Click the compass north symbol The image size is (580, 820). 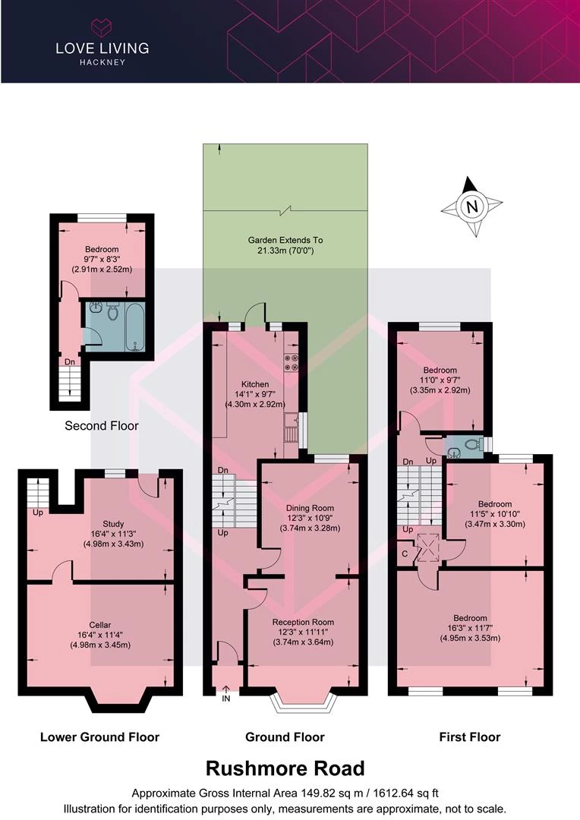click(471, 207)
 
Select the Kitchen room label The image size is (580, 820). click(255, 384)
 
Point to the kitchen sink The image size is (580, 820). click(291, 427)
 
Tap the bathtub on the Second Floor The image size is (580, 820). click(136, 326)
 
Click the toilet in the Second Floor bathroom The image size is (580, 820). click(112, 312)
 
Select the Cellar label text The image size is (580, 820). click(100, 625)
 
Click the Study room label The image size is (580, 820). click(113, 524)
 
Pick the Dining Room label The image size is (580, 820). click(310, 508)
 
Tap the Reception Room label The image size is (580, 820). click(303, 623)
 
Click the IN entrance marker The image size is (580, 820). click(226, 699)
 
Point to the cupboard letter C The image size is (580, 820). click(405, 554)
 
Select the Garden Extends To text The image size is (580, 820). click(285, 241)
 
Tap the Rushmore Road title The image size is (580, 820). click(285, 768)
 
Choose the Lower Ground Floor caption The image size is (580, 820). click(100, 737)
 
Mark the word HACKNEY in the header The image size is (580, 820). click(102, 62)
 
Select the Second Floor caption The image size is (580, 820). click(102, 426)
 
